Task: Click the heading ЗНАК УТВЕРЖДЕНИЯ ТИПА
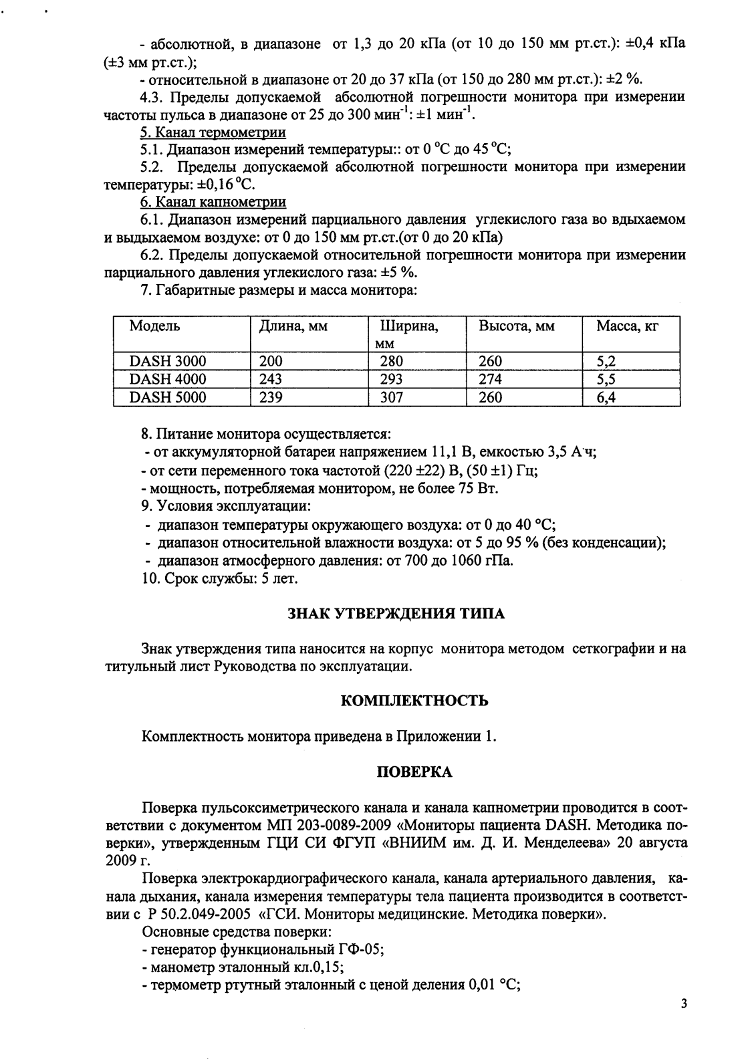(x=396, y=614)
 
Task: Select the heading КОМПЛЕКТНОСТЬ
(x=414, y=701)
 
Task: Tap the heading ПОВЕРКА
(x=414, y=772)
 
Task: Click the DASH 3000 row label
(x=168, y=362)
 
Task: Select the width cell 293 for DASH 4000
(x=391, y=380)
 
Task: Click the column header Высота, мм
(x=516, y=326)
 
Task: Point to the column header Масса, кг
(x=628, y=326)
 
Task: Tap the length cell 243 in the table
(x=271, y=380)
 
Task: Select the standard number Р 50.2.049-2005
(x=199, y=915)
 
